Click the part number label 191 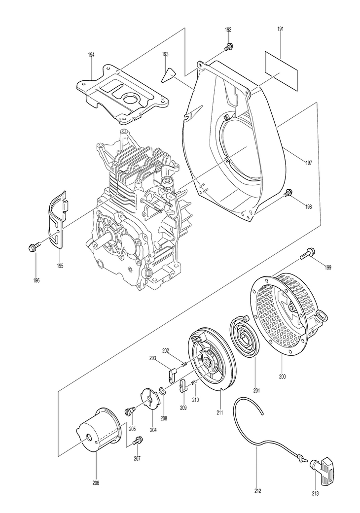point(281,29)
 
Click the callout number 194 point(91,55)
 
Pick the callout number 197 point(308,163)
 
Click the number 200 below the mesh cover point(282,376)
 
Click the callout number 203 point(152,358)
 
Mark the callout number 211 point(219,412)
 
